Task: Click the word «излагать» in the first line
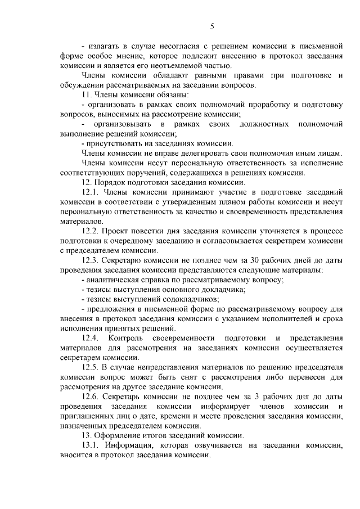click(105, 46)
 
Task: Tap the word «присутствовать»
click(114, 143)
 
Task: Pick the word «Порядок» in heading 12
click(111, 182)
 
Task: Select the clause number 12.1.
click(91, 192)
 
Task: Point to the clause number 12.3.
click(91, 260)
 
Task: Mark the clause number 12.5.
click(91, 367)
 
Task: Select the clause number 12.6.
click(91, 397)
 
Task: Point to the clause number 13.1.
click(91, 445)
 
